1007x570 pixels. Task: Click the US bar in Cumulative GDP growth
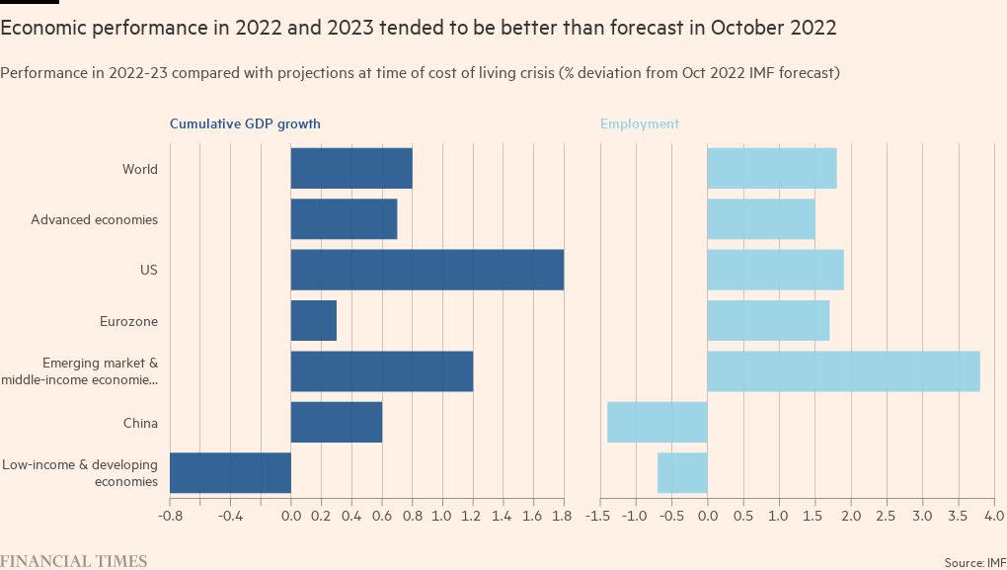click(426, 270)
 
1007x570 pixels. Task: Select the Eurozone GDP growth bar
click(314, 321)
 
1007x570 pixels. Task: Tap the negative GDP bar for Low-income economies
click(230, 472)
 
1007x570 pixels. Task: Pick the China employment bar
click(658, 422)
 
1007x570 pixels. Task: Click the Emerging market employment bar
click(843, 370)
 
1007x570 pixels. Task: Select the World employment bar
click(772, 168)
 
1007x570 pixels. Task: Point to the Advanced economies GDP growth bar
click(344, 219)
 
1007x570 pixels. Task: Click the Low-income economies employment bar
click(682, 472)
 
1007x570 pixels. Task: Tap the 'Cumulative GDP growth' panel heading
click(245, 123)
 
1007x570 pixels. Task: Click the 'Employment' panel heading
click(640, 123)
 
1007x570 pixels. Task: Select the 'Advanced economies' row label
click(94, 219)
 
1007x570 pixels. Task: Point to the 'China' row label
click(140, 423)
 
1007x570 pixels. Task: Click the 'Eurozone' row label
click(128, 321)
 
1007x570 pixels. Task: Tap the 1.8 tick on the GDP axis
click(564, 516)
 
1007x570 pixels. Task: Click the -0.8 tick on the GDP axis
click(170, 516)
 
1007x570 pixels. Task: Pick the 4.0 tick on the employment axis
click(993, 516)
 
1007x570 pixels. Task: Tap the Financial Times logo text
click(74, 561)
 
